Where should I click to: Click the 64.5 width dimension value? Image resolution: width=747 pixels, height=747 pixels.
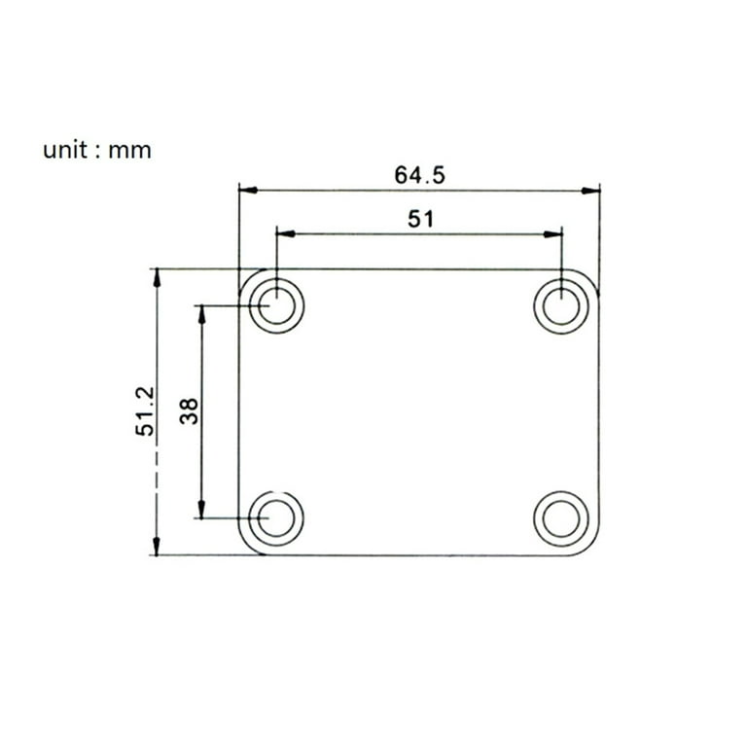click(x=419, y=175)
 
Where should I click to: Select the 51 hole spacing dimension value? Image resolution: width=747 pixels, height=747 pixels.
click(x=419, y=219)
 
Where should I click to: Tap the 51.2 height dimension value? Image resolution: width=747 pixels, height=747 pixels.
click(x=145, y=410)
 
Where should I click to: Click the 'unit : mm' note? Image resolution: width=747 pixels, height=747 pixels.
click(x=96, y=151)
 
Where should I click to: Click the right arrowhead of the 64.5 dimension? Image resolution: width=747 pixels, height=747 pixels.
click(x=591, y=191)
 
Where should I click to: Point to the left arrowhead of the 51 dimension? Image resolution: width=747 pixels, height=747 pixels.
click(x=285, y=233)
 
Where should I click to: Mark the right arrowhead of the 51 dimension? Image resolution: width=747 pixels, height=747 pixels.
click(x=553, y=233)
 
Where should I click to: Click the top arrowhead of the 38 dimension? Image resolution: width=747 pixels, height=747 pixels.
click(x=201, y=314)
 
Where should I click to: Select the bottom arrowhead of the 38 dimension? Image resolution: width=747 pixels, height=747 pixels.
click(x=201, y=510)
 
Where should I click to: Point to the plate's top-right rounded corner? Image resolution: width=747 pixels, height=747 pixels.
click(x=589, y=279)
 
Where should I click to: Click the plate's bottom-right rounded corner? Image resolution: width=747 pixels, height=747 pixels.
click(x=589, y=547)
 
